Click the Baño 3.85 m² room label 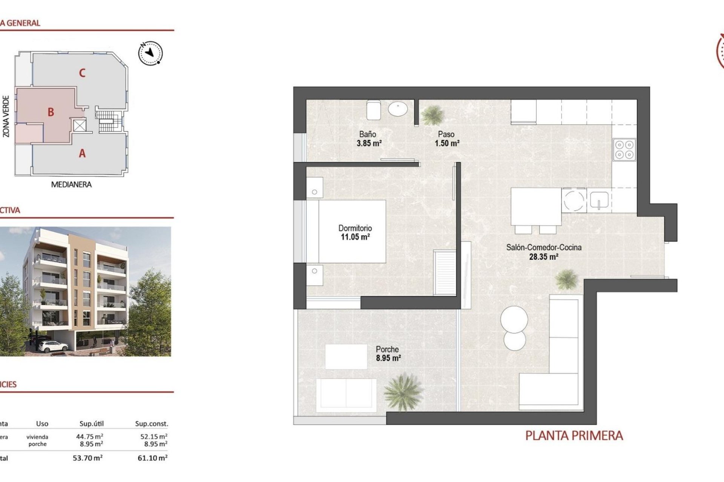368,139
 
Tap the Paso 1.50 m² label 446,139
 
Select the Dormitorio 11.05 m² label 355,232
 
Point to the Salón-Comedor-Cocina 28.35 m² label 543,252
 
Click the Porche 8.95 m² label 388,354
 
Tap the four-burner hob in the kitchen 624,149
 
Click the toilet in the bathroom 373,110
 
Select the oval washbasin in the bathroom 398,110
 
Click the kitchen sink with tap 599,200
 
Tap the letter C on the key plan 82,73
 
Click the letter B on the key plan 51,112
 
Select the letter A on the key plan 82,154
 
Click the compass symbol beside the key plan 150,53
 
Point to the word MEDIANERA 71,185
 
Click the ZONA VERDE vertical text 6,116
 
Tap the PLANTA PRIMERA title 574,436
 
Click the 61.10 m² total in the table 152,458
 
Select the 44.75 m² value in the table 90,436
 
